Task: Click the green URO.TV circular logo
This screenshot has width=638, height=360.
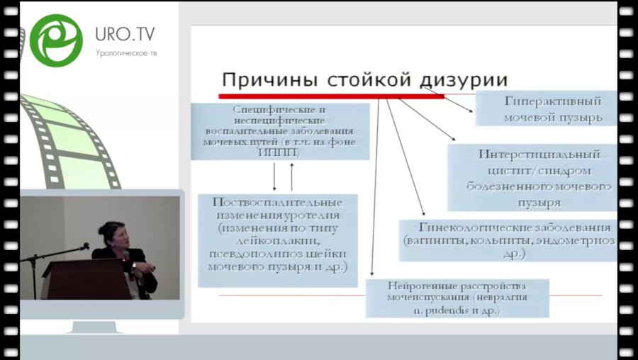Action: tap(55, 40)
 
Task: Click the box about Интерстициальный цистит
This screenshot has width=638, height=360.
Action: tap(539, 178)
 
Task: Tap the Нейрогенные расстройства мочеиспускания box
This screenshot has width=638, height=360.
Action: tap(457, 298)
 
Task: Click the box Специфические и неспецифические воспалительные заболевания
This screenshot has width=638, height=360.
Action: tap(279, 131)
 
